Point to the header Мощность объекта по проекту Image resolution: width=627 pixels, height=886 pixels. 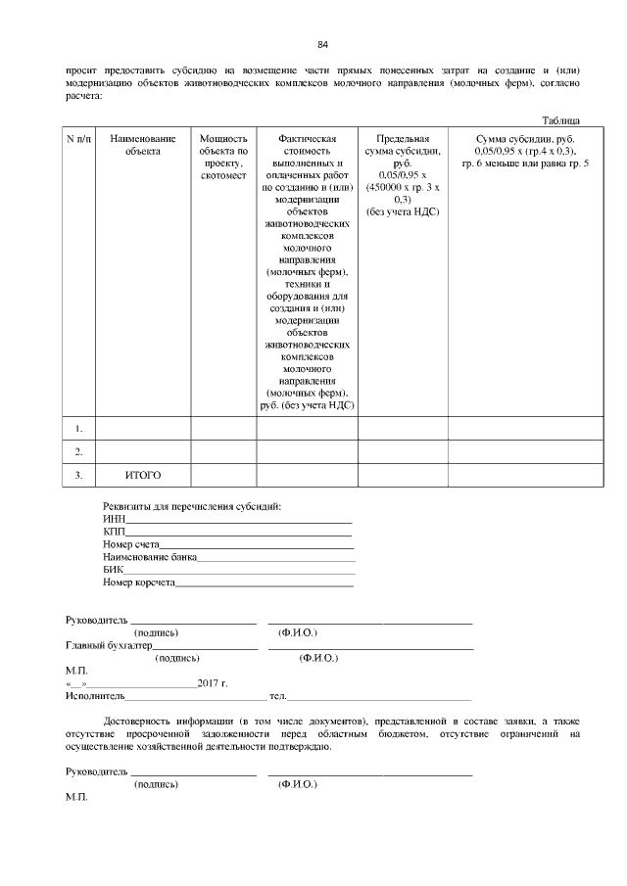point(223,157)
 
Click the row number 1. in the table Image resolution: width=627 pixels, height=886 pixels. point(78,428)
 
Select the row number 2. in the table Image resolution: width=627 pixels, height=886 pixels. point(78,451)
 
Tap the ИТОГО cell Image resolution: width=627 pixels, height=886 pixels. point(142,475)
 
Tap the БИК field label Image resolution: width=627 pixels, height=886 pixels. point(114,569)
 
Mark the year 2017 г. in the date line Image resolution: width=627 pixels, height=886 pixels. point(212,683)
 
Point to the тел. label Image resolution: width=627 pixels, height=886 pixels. point(277,696)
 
